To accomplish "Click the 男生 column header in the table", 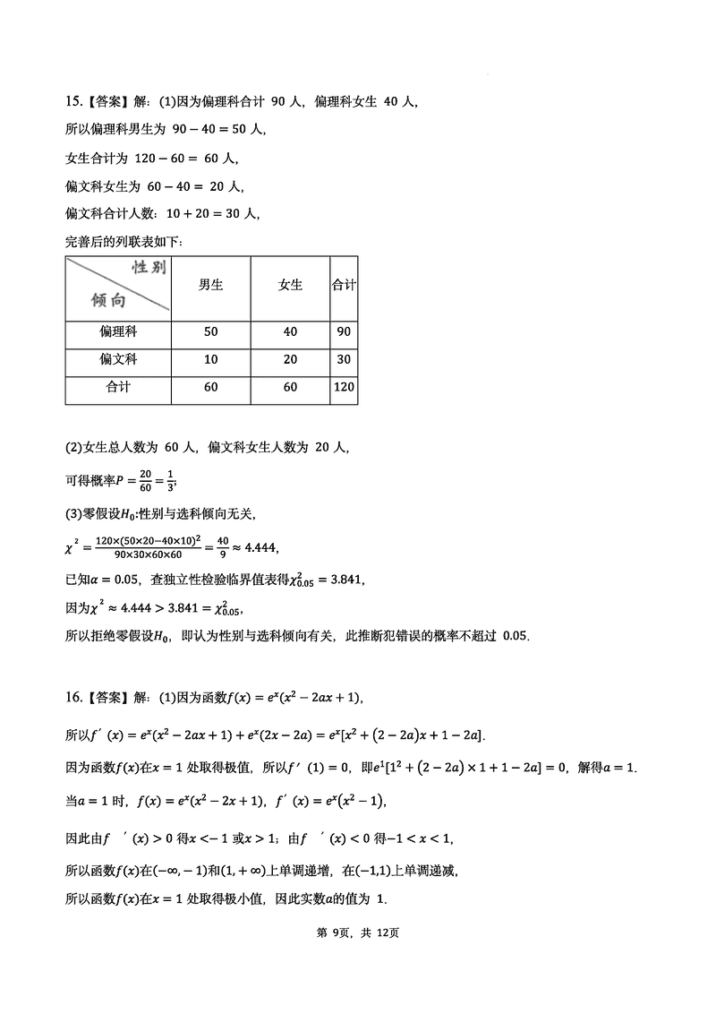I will [x=210, y=285].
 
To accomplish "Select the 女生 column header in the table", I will [x=290, y=285].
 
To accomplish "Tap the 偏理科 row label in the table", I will [x=118, y=331].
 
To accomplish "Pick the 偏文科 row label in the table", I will [x=118, y=359].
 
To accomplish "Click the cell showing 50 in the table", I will [x=210, y=331].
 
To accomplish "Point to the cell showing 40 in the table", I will [x=290, y=331].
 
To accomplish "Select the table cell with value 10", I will [x=210, y=359].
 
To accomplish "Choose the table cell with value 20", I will [x=290, y=359].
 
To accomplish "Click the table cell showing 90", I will [x=344, y=331].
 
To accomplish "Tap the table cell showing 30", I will [x=344, y=359].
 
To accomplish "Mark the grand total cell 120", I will [x=344, y=388].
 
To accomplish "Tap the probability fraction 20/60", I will [x=146, y=480].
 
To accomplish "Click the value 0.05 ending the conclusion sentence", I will [x=516, y=636].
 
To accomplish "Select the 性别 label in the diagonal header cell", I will [x=149, y=268].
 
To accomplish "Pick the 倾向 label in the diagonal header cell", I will [x=108, y=300].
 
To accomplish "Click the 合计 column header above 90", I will [x=344, y=285].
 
